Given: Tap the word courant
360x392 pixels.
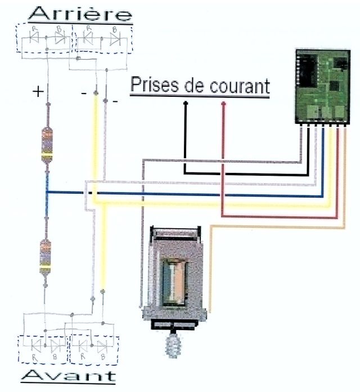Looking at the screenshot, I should pos(238,86).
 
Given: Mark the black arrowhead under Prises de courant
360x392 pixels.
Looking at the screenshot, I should pos(185,103).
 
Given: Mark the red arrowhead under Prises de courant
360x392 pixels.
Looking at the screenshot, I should pos(223,103).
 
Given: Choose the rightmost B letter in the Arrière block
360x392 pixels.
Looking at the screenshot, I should pos(114,28).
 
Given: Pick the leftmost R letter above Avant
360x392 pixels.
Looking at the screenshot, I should pos(35,357).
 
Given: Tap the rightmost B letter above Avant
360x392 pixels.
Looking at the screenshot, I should pos(103,357).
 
